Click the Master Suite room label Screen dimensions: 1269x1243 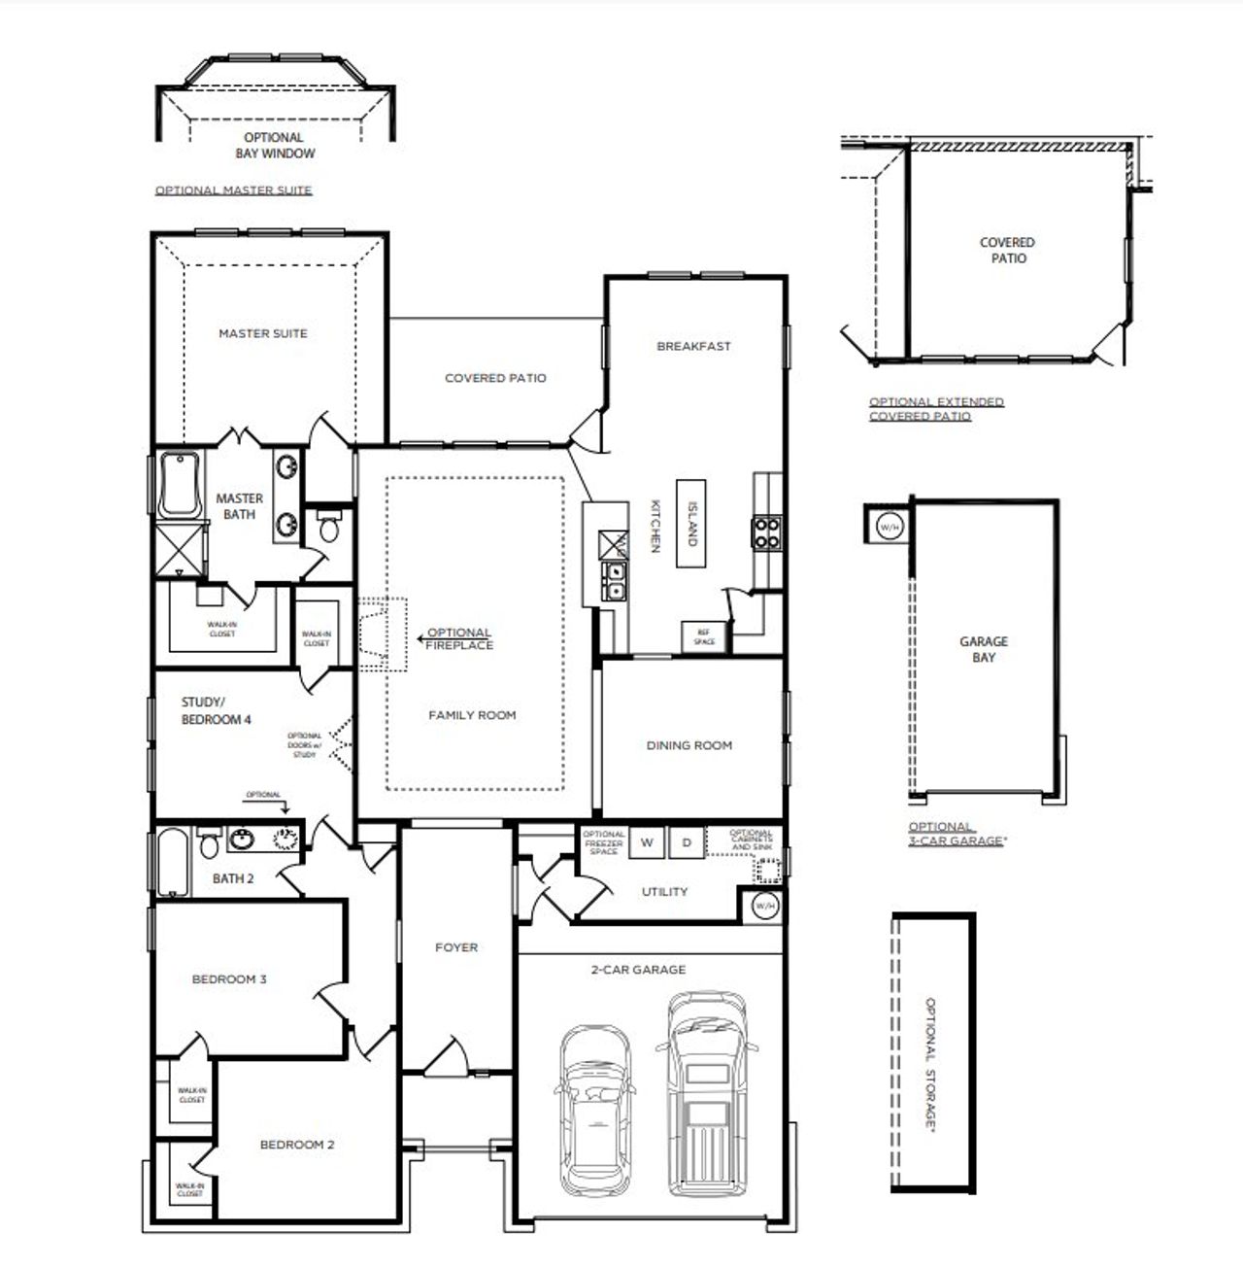pyautogui.click(x=262, y=333)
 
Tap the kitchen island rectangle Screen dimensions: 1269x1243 pyautogui.click(x=692, y=525)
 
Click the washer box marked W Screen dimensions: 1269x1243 pyautogui.click(x=647, y=842)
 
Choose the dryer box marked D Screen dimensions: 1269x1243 pyautogui.click(x=687, y=842)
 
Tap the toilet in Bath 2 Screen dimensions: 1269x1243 pyautogui.click(x=209, y=845)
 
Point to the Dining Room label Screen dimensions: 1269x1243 pyautogui.click(x=689, y=745)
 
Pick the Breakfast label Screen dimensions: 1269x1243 pyautogui.click(x=693, y=346)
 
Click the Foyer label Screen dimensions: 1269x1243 pyautogui.click(x=456, y=947)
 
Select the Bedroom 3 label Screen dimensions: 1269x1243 pyautogui.click(x=229, y=979)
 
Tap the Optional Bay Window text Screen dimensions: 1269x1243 pyautogui.click(x=275, y=146)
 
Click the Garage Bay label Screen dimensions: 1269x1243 pyautogui.click(x=984, y=649)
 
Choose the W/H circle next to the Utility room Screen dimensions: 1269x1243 pyautogui.click(x=765, y=906)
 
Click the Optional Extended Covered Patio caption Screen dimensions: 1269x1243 pyautogui.click(x=936, y=408)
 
